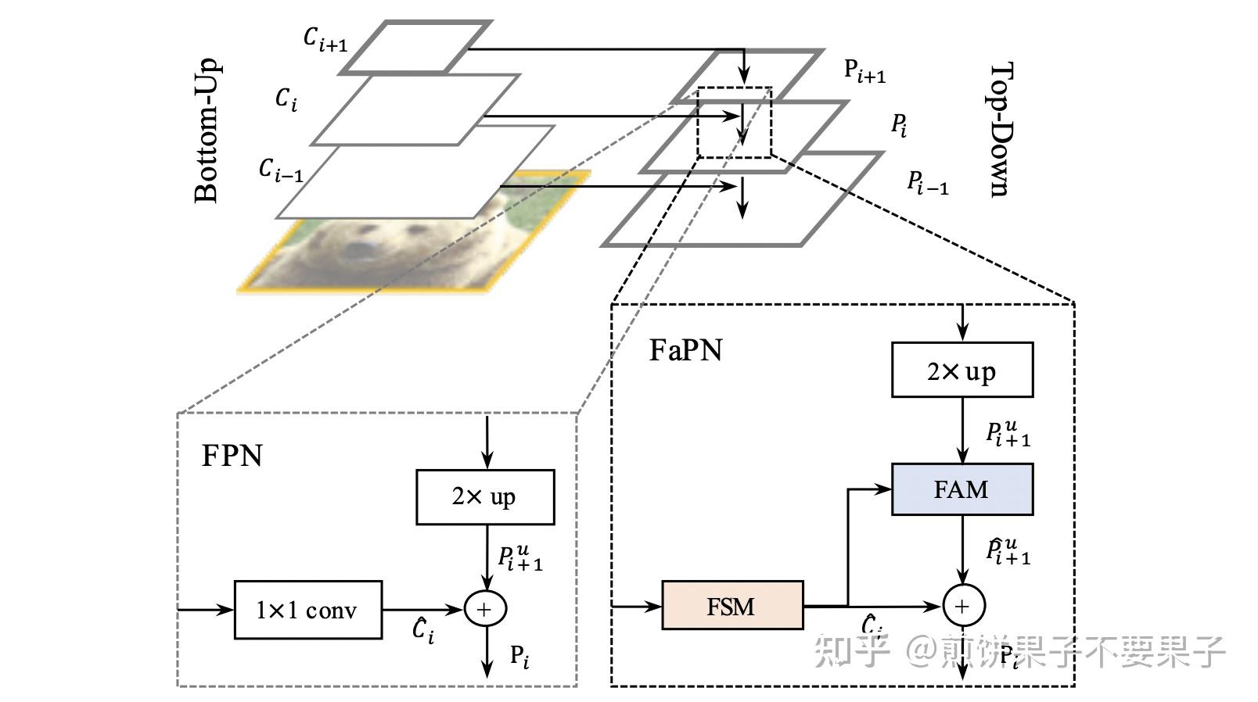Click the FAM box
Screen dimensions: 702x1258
[x=961, y=489]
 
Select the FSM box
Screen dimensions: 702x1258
[x=732, y=606]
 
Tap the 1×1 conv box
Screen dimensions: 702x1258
[x=307, y=610]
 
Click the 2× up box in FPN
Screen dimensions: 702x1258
[x=485, y=497]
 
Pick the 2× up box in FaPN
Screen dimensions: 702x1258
[x=961, y=371]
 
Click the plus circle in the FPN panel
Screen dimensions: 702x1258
[x=485, y=609]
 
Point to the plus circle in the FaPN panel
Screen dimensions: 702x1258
[x=963, y=606]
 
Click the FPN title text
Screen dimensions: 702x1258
[x=232, y=456]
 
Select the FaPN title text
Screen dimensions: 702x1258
[x=685, y=350]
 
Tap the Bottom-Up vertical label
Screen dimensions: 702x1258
[x=207, y=131]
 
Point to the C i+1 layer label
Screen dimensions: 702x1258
[x=325, y=39]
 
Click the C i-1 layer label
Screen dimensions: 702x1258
[x=280, y=170]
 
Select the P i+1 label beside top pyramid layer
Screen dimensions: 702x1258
[x=864, y=71]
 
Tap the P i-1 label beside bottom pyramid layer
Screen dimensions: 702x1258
[x=927, y=184]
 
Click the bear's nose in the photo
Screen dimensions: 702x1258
[x=360, y=249]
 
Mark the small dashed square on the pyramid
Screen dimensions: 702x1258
[x=734, y=123]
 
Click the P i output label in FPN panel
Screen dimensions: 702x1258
[x=519, y=656]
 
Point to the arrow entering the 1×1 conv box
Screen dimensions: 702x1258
[x=206, y=609]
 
